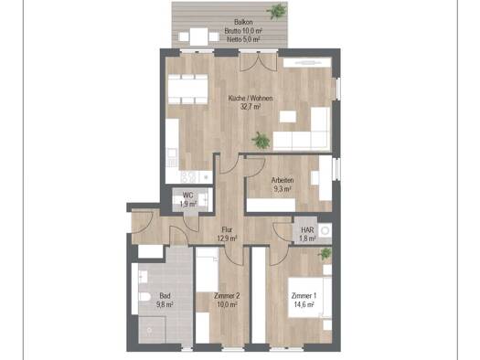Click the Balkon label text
tap(244, 22)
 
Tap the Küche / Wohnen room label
tap(251, 99)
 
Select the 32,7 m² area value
tap(251, 107)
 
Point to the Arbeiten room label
tap(283, 181)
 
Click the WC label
tap(187, 196)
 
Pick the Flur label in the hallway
tap(227, 229)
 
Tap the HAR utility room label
tap(307, 230)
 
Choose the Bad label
tap(165, 296)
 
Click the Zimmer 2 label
tap(227, 296)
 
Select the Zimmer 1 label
tap(304, 296)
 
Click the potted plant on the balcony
tap(277, 11)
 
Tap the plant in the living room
tap(261, 141)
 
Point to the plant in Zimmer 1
tap(325, 254)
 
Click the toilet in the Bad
tap(144, 296)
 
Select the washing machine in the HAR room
tap(325, 230)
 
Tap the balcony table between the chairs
tap(198, 37)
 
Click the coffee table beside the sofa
tap(288, 117)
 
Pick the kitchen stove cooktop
tap(189, 176)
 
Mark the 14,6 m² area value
tap(304, 304)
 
